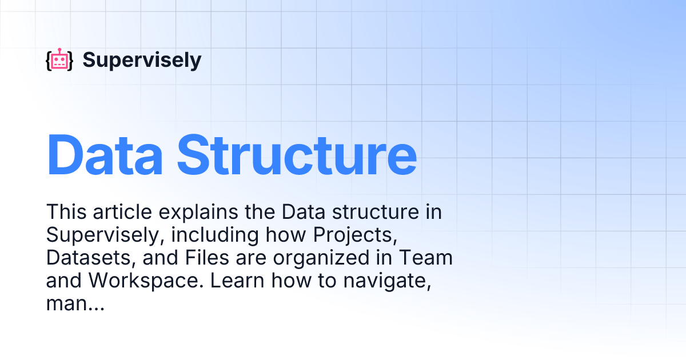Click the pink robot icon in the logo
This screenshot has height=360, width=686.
[x=59, y=60]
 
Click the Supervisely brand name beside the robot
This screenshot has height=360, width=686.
[x=142, y=60]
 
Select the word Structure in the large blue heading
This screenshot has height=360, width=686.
[x=297, y=155]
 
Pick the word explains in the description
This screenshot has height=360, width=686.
[x=200, y=212]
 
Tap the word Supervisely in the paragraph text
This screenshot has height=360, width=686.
[x=93, y=235]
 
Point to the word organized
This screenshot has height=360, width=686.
[x=315, y=258]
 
